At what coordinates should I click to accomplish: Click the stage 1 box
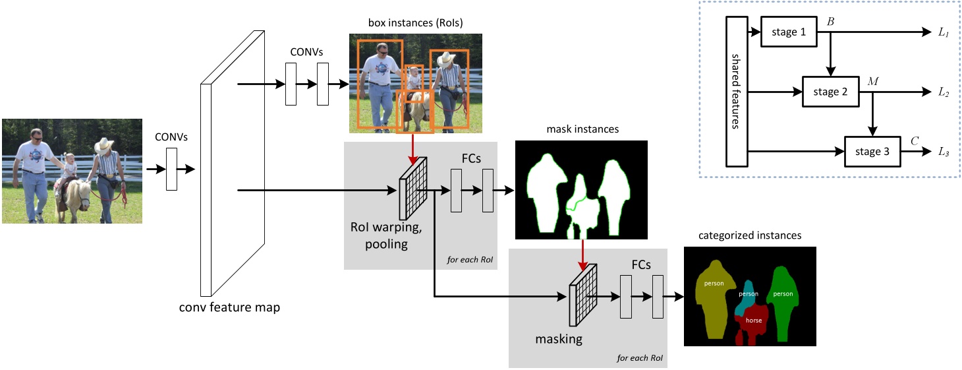coord(788,32)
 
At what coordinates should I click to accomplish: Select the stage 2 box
coord(831,92)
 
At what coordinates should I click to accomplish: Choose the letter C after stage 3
coord(915,141)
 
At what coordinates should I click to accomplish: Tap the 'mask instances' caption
coord(582,129)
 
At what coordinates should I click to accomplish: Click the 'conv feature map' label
coord(229,307)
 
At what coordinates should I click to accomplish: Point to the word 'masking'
coord(558,340)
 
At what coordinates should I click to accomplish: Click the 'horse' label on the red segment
coord(753,321)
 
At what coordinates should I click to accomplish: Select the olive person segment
coord(713,293)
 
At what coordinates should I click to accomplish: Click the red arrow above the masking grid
coord(582,255)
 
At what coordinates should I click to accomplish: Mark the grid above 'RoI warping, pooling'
coord(414,189)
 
